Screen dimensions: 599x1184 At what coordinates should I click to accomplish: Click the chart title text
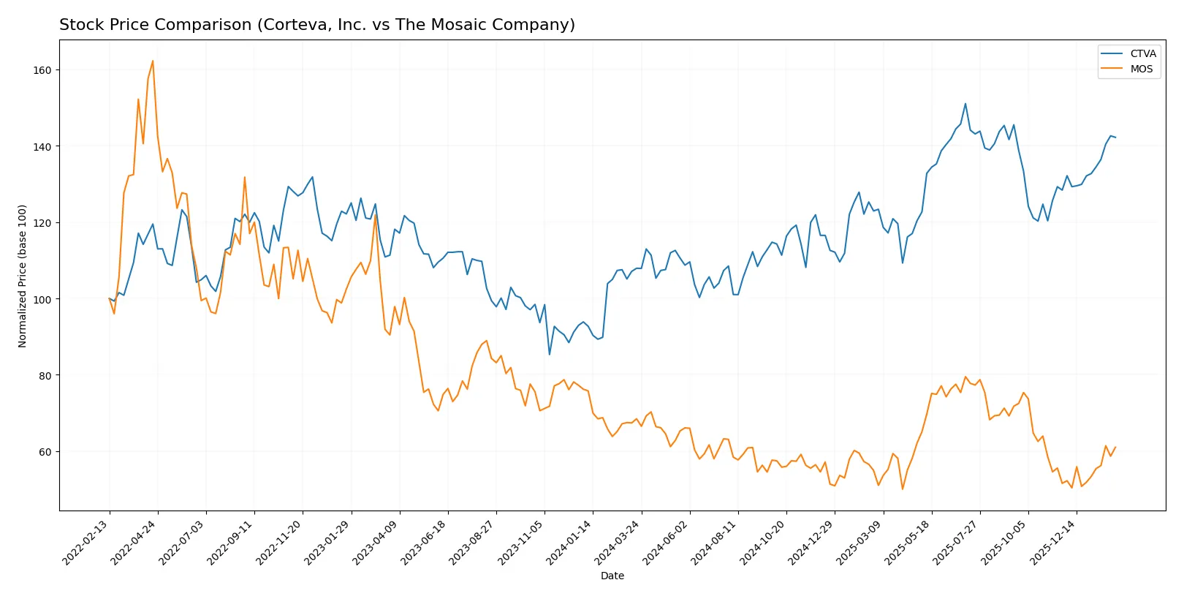(316, 25)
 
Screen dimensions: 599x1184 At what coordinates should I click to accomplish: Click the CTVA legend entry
(1142, 54)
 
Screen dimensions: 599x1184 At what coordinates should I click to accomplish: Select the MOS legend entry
(1141, 69)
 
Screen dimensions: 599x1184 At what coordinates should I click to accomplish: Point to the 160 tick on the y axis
(42, 70)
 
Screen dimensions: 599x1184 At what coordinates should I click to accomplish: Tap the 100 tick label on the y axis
(42, 299)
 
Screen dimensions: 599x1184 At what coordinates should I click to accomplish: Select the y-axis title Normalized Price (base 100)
(23, 276)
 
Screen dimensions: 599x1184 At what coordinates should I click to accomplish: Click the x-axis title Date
(612, 576)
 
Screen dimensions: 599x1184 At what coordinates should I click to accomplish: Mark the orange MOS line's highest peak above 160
(153, 61)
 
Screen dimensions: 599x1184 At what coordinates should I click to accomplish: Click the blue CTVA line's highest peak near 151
(965, 104)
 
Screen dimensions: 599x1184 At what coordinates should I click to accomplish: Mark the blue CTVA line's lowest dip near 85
(550, 355)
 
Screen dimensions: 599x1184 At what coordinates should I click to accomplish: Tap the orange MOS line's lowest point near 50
(903, 489)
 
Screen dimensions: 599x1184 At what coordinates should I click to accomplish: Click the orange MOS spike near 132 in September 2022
(245, 177)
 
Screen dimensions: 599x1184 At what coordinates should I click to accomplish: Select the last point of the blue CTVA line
(1115, 137)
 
